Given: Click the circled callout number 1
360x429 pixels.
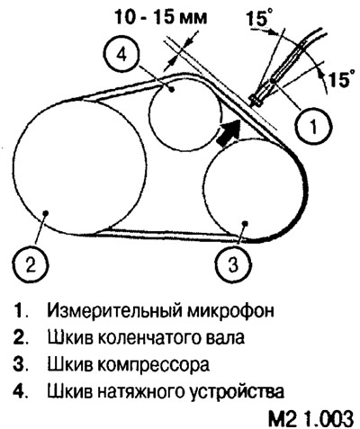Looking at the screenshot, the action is tap(313, 126).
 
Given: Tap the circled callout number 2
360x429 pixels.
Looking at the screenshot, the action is tap(31, 265).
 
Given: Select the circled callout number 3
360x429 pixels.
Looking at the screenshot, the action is tap(234, 265).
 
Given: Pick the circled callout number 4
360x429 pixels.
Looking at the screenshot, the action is tap(123, 57).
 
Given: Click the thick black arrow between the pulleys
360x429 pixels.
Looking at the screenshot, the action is tap(229, 132).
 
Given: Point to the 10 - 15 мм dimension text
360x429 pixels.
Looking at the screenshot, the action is tap(162, 17).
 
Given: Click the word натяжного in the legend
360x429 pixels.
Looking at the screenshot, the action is tap(145, 391).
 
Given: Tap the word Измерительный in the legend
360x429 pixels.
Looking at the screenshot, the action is tap(115, 311).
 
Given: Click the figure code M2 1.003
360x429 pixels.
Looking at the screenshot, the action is tap(310, 418).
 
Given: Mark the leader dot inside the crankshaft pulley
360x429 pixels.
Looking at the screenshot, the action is tap(46, 212).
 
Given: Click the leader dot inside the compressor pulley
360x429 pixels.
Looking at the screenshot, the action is tap(245, 223).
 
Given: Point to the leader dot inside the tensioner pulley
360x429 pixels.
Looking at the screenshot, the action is tap(172, 89).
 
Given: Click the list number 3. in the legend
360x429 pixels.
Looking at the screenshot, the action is tap(21, 364).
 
